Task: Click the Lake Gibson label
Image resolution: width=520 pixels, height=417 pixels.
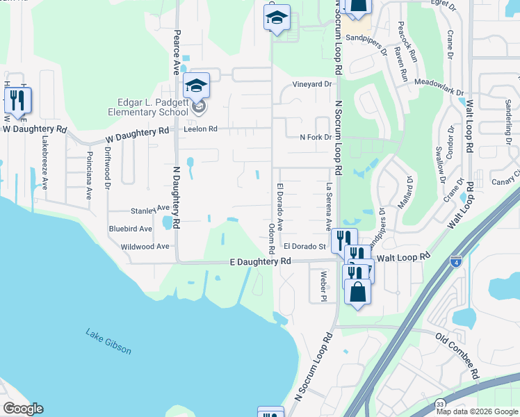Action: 108,341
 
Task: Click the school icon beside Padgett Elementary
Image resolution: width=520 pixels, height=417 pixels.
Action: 197,86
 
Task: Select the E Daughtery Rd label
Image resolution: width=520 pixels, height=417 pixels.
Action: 260,261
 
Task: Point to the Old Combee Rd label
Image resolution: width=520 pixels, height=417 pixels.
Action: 457,355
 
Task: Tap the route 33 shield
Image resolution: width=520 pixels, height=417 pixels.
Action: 440,404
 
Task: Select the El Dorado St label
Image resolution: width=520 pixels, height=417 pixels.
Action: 304,246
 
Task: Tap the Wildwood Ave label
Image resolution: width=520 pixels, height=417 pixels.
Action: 145,246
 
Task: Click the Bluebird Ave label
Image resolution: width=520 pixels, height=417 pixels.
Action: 129,228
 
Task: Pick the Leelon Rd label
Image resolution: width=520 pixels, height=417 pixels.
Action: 201,129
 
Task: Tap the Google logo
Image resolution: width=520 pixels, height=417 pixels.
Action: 23,409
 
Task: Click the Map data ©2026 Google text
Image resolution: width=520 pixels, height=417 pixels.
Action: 477,411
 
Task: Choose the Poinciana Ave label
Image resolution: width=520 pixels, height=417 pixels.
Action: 89,176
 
